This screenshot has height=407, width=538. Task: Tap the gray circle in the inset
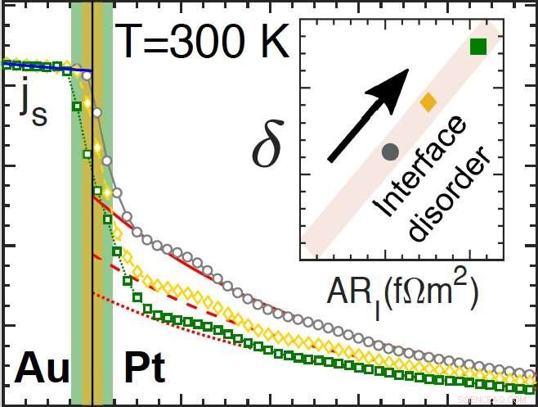(x=390, y=151)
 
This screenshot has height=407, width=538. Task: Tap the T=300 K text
(x=202, y=39)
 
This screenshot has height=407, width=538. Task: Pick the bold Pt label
(x=144, y=369)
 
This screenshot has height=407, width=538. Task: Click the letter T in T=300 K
(x=128, y=39)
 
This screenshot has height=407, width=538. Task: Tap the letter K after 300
(x=275, y=39)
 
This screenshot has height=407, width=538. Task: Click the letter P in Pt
(x=135, y=369)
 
